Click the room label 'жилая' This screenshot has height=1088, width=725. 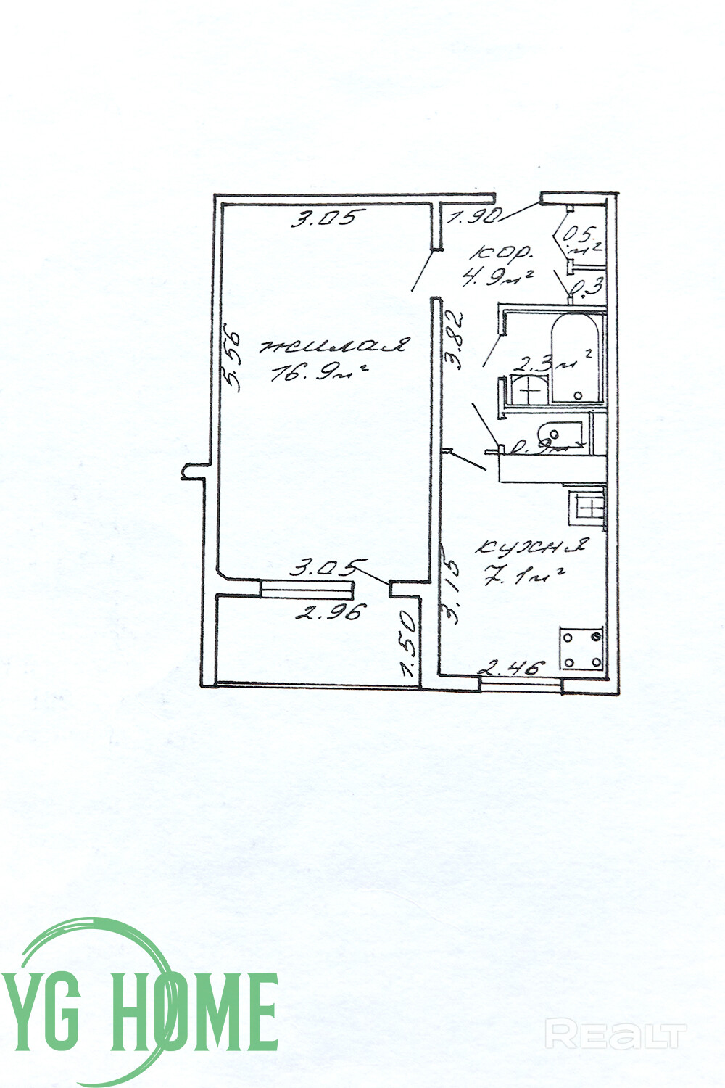tap(334, 346)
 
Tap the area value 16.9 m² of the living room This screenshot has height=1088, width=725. tap(318, 374)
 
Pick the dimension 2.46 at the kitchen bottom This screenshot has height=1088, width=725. tap(513, 667)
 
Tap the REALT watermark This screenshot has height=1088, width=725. tap(616, 1034)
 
